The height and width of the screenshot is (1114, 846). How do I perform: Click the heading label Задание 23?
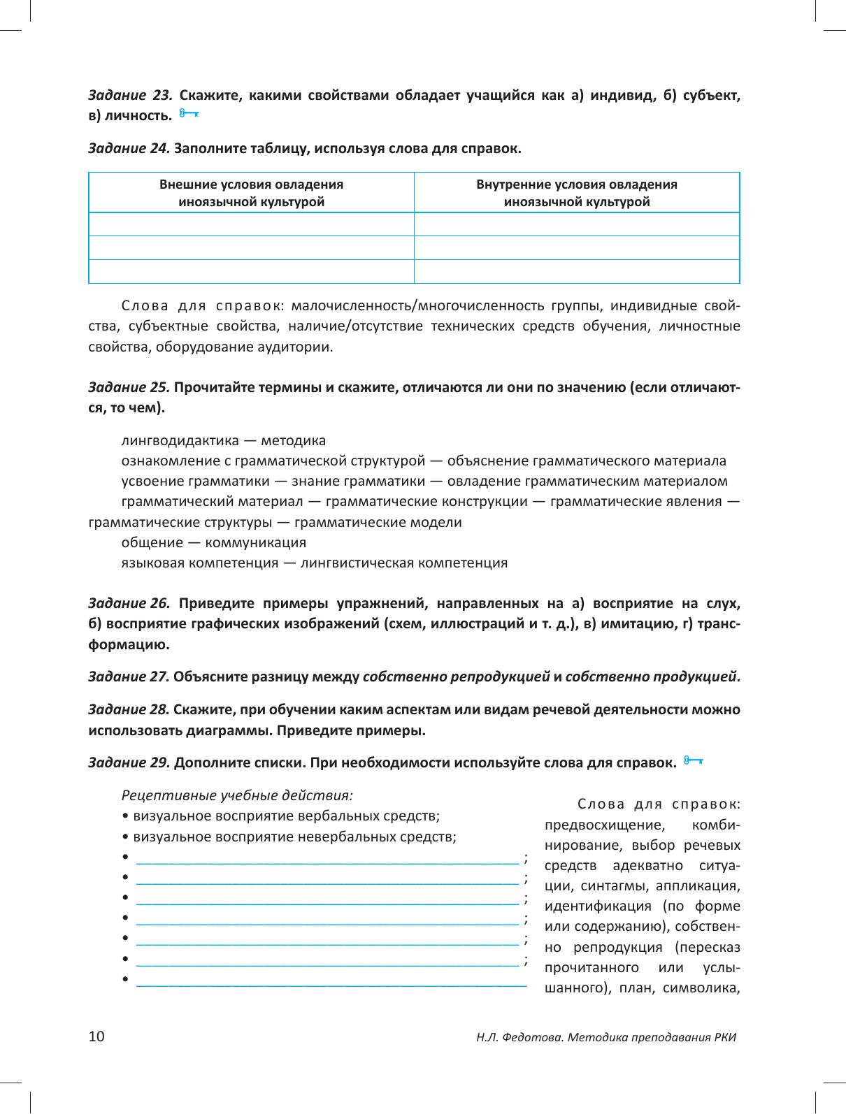tap(129, 96)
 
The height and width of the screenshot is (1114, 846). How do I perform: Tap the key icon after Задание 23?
tap(188, 114)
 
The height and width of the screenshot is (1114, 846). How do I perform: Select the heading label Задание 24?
tap(129, 148)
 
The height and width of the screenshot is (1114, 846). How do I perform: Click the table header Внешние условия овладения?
tap(251, 185)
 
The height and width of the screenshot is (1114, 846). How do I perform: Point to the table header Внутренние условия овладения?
tap(577, 185)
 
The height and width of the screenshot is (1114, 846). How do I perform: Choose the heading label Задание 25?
tap(129, 388)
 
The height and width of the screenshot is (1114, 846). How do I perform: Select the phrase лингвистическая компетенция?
tap(403, 563)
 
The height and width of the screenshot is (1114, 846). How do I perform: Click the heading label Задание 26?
tap(129, 603)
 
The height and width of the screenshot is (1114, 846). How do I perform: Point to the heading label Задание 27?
tap(129, 677)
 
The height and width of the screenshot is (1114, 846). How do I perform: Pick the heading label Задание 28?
tap(129, 710)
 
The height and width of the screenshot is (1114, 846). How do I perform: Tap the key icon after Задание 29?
tap(694, 761)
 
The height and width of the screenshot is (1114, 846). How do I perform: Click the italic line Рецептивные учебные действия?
tap(237, 795)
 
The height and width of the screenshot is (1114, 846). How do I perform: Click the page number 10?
tap(96, 1036)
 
